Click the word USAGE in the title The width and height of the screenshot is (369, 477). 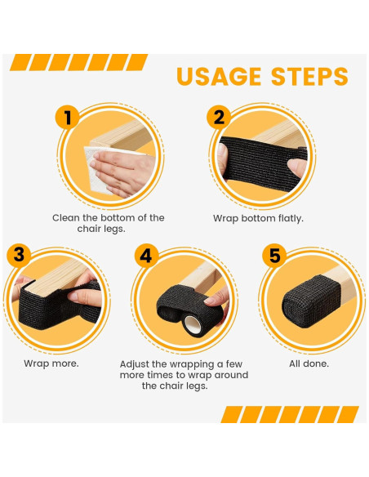pyautogui.click(x=218, y=77)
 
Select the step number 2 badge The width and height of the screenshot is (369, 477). pyautogui.click(x=219, y=118)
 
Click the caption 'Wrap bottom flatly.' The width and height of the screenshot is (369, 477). pyautogui.click(x=258, y=219)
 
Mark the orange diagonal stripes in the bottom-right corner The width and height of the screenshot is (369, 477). pyautogui.click(x=290, y=414)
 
